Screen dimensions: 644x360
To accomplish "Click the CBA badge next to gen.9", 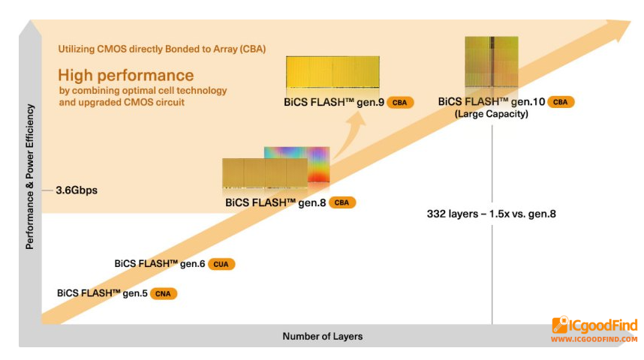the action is click(x=399, y=103).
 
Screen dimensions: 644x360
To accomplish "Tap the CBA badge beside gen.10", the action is click(x=560, y=102).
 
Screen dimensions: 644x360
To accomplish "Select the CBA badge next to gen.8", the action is click(x=342, y=202).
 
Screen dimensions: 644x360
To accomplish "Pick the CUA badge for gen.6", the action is click(x=221, y=264).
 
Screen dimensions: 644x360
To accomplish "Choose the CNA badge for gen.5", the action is click(x=163, y=293).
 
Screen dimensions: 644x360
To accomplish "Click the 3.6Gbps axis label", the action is click(x=77, y=190).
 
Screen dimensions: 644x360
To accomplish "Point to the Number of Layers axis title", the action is click(x=323, y=336).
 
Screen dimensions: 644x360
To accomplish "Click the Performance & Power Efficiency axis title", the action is click(x=29, y=176).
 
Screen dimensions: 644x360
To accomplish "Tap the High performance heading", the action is click(x=125, y=75).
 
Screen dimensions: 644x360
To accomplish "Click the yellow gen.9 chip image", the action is click(x=333, y=72).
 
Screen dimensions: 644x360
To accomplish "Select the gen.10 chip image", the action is click(x=491, y=61).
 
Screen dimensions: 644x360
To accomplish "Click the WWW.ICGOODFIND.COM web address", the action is click(x=594, y=340).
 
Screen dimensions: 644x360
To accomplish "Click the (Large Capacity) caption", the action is click(x=491, y=114).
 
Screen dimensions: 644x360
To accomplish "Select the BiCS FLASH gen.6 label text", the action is click(x=160, y=263).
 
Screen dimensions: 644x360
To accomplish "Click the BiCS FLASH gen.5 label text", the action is click(x=102, y=293).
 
